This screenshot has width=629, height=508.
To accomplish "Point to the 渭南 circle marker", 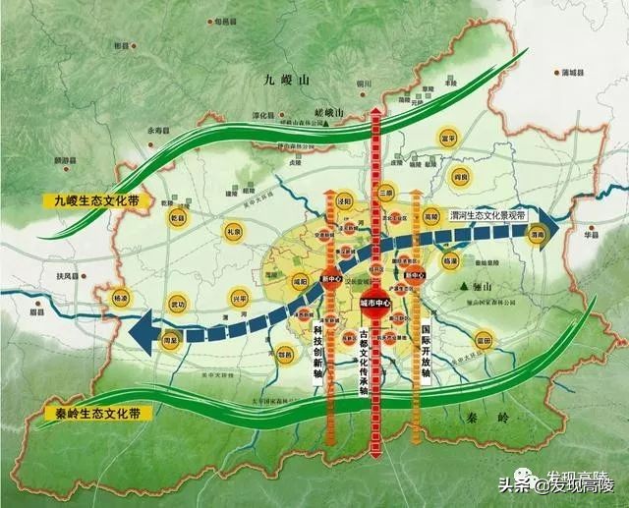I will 537,236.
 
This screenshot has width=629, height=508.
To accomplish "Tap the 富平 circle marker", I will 449,139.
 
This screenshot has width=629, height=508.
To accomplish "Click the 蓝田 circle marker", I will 483,341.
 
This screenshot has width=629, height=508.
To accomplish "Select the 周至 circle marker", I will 170,340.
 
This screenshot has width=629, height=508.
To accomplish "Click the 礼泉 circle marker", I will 234,231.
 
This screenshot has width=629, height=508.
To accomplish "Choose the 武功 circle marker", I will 177,303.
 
